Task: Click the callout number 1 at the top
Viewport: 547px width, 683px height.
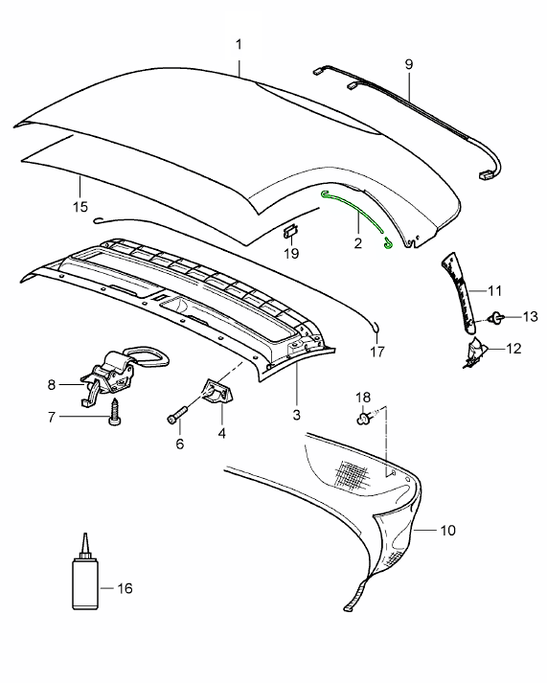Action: (239, 45)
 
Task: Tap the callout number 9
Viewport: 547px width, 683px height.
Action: (408, 63)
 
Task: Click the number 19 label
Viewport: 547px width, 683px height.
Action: (292, 253)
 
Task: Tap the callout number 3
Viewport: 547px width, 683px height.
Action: (296, 415)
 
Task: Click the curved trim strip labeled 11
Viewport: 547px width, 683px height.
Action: (462, 291)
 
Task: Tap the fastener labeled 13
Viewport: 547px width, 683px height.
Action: (496, 318)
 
